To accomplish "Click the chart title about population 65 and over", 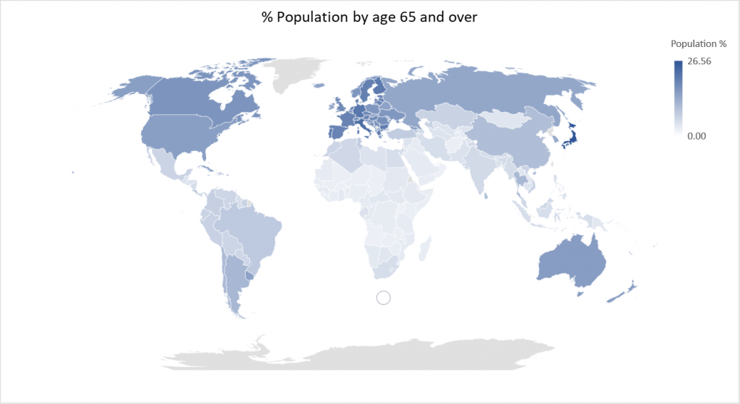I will (x=369, y=17).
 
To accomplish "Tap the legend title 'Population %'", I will (x=698, y=44).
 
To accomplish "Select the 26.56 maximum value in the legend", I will (x=700, y=61).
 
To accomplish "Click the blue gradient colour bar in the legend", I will (x=678, y=98).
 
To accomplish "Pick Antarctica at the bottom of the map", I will (x=361, y=354).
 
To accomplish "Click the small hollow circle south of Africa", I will (x=384, y=297).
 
